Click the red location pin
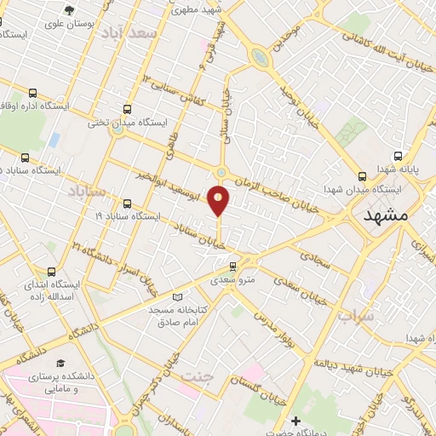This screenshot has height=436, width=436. coord(219,201)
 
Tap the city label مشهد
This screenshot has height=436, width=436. coord(386,216)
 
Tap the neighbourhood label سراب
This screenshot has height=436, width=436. coord(356,317)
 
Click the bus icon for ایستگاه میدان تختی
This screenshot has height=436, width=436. coord(128,109)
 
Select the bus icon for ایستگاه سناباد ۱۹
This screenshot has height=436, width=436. coord(128,204)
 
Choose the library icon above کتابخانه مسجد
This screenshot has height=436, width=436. coord(177,297)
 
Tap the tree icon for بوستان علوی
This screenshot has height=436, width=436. coord(68,11)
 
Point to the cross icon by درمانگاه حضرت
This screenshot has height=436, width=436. coord(295,420)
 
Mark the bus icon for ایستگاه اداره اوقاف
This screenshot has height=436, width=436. coord(32,94)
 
